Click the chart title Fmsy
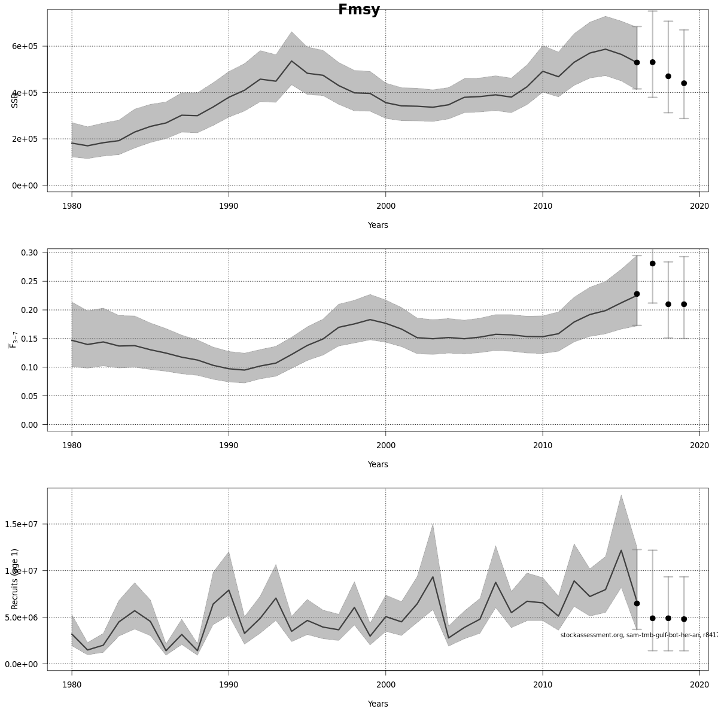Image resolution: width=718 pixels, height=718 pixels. (359, 10)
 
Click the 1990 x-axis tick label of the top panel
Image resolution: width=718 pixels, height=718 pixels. (229, 206)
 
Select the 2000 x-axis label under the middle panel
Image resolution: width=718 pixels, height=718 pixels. (385, 446)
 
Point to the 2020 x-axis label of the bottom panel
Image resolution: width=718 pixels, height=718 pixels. (699, 685)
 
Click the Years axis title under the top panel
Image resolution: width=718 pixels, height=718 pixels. (378, 226)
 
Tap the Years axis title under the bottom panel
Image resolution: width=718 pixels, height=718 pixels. (378, 704)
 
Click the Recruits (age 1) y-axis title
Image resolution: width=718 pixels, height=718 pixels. (15, 579)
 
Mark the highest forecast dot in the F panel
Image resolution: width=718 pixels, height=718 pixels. (653, 263)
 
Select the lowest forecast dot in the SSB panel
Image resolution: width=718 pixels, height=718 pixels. (684, 83)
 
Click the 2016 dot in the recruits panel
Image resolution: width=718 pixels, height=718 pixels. (637, 603)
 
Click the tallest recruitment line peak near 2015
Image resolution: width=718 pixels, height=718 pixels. (621, 550)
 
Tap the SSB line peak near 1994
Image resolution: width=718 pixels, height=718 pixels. (291, 61)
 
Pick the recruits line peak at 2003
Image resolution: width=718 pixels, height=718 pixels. (433, 577)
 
